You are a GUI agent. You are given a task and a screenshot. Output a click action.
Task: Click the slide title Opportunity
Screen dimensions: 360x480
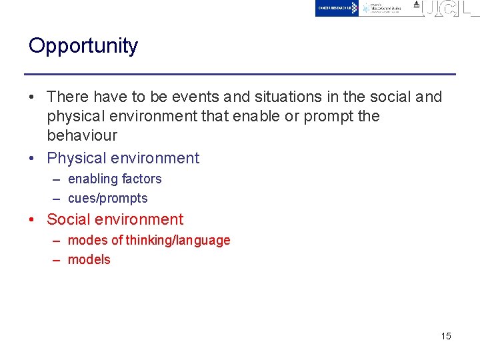[83, 46]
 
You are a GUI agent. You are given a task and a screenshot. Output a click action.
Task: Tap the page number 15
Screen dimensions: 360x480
[446, 336]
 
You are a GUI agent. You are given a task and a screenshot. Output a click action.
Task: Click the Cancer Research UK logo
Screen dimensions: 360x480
[337, 8]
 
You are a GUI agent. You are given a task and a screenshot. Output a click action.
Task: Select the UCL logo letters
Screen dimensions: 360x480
[450, 9]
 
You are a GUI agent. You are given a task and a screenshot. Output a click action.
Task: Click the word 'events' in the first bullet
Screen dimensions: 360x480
[194, 97]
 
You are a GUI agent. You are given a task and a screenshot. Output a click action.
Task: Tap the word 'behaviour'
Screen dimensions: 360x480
[82, 135]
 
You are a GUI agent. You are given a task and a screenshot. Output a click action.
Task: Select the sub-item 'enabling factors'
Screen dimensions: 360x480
[115, 179]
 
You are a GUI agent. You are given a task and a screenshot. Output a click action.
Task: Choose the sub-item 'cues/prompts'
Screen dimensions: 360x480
[108, 199]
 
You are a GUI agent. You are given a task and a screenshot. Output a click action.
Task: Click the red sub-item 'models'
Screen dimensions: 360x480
[89, 260]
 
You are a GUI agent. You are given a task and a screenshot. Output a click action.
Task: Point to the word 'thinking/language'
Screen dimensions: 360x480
[178, 241]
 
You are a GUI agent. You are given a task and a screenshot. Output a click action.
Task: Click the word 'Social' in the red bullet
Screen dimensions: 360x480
[68, 220]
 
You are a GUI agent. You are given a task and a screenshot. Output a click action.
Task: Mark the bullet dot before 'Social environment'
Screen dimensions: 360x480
[33, 220]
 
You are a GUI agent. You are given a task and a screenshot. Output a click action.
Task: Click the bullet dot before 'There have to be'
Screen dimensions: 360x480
[33, 97]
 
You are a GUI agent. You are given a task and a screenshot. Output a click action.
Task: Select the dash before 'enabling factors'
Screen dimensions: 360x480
[57, 179]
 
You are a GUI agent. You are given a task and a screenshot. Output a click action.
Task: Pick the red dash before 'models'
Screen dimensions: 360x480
[57, 260]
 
